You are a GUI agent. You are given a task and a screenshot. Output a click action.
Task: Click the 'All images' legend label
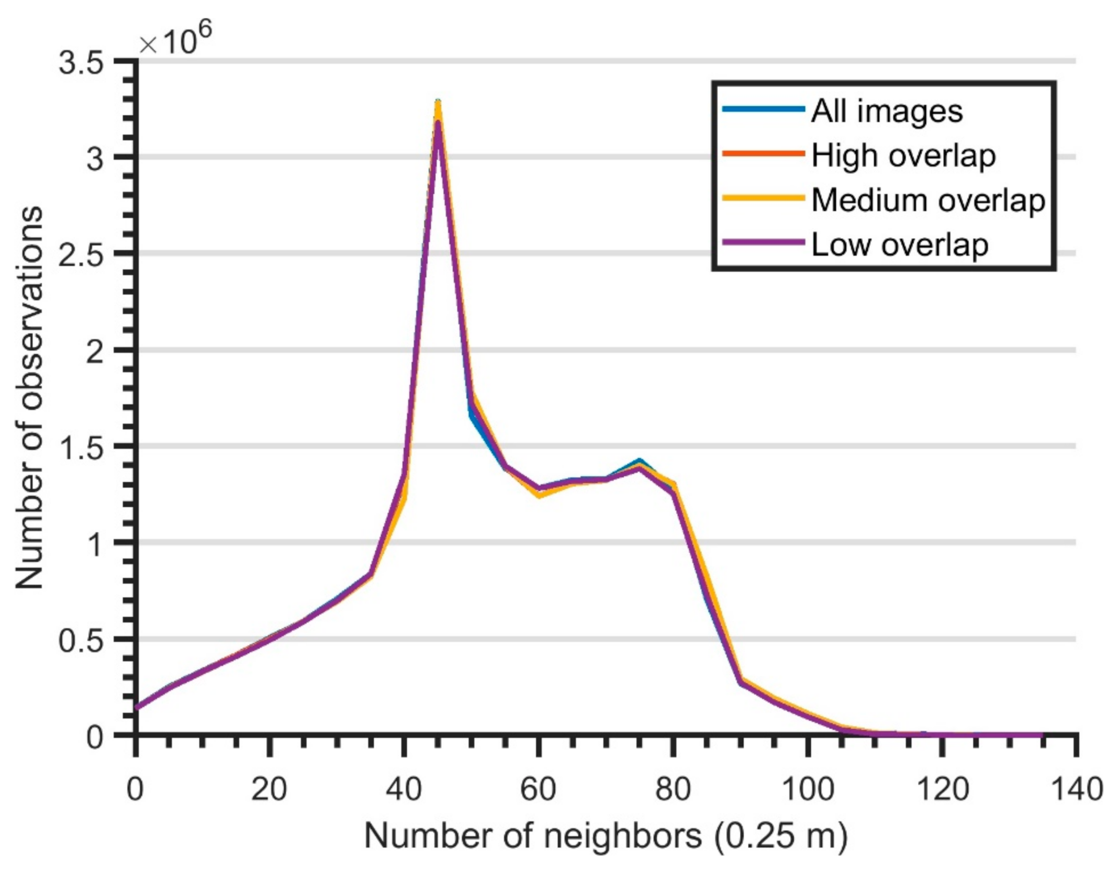click(887, 111)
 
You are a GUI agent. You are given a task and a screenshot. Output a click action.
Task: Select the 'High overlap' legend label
click(903, 155)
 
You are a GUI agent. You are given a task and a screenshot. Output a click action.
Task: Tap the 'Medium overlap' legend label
click(928, 200)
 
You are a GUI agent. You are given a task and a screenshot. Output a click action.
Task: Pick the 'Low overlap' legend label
click(899, 244)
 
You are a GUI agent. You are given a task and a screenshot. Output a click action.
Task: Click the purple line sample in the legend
click(763, 242)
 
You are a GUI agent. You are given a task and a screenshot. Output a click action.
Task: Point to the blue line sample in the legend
click(763, 109)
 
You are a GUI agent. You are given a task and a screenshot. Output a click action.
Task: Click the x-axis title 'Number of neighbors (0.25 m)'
click(606, 836)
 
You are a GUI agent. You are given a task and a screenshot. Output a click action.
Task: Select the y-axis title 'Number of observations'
click(28, 398)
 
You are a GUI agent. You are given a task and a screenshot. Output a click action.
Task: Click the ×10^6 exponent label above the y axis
click(175, 39)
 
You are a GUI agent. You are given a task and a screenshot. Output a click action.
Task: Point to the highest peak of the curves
click(438, 105)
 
